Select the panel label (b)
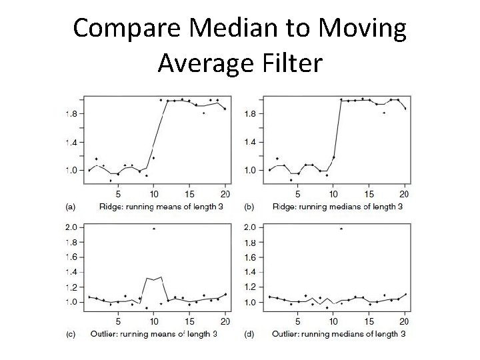[x=250, y=207]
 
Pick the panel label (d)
[x=250, y=333]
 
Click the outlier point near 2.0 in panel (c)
[x=154, y=229]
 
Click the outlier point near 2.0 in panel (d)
[x=341, y=229]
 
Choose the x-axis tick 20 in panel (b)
[x=403, y=195]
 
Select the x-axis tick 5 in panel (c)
[x=118, y=322]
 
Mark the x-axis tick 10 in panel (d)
[x=335, y=322]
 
